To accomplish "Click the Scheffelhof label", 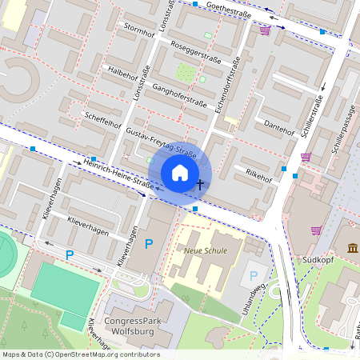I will (x=102, y=120).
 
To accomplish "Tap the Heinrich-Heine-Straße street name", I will (x=118, y=174).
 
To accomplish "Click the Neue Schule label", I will (x=206, y=250).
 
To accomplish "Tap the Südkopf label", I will (x=312, y=260).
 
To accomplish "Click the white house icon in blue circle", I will (x=180, y=172).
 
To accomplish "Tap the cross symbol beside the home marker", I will (x=200, y=184).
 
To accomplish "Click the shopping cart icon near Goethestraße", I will (x=265, y=30).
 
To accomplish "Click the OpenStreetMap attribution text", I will (x=81, y=354).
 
